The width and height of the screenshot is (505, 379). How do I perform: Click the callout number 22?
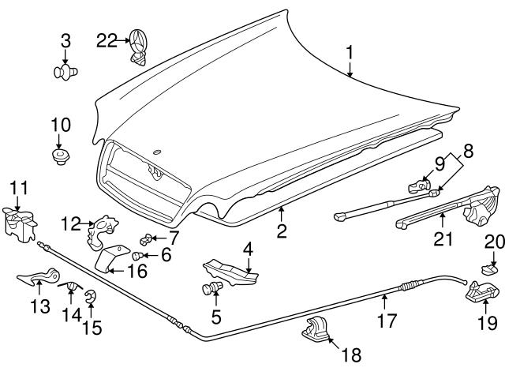(105, 39)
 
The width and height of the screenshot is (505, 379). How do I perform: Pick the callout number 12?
(72, 224)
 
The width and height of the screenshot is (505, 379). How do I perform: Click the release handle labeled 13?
(38, 277)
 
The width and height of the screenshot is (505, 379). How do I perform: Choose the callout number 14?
(71, 314)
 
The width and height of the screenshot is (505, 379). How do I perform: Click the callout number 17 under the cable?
(384, 322)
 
